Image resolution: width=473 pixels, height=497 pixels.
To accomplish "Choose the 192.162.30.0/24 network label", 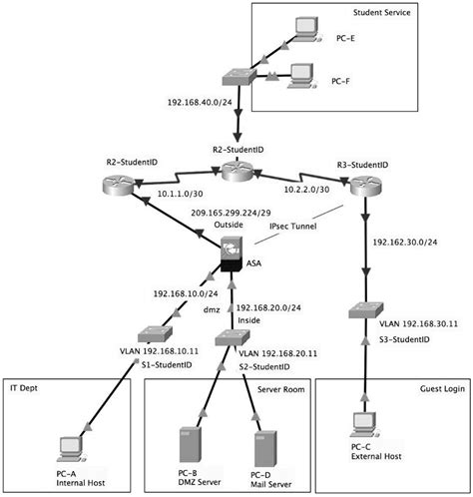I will pos(405,241).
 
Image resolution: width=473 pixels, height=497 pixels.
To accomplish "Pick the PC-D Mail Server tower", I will pos(262,447).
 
